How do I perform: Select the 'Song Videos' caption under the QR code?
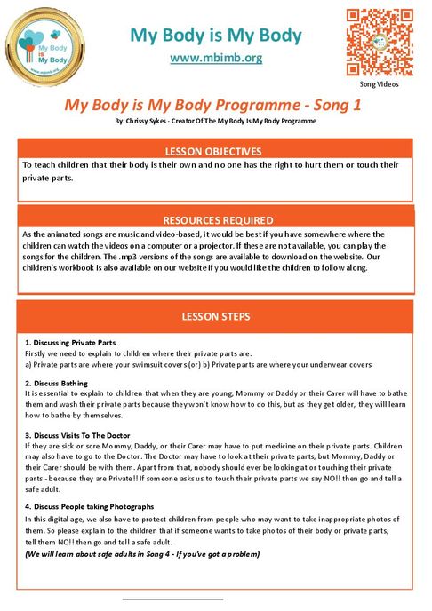click(x=380, y=83)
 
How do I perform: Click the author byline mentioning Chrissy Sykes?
click(x=215, y=118)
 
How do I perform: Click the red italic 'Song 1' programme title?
click(x=215, y=104)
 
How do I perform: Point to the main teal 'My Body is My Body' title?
click(x=215, y=36)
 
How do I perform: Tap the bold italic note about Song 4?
click(x=142, y=553)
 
